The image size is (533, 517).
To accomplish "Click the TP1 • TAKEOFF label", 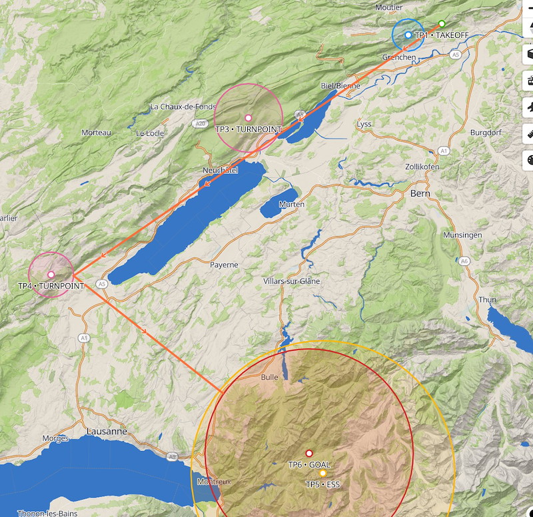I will [x=441, y=35].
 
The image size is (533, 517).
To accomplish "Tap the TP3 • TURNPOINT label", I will [x=249, y=129].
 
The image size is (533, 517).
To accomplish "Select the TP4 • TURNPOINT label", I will [x=51, y=286].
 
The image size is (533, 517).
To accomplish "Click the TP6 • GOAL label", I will [x=309, y=464].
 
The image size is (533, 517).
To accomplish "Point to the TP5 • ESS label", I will [x=322, y=484].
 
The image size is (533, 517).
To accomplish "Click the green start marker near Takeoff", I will [x=442, y=24].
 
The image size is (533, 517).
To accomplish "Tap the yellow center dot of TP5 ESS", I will [x=322, y=473].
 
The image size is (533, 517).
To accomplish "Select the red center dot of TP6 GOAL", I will [x=309, y=453].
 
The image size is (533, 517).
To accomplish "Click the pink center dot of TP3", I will [x=249, y=118].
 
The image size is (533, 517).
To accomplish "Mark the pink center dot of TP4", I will [x=51, y=274].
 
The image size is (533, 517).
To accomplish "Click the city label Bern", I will [x=420, y=194].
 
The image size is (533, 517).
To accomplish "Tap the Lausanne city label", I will [x=107, y=432].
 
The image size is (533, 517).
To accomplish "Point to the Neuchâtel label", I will [x=220, y=171].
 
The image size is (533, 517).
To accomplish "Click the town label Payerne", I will [x=224, y=264].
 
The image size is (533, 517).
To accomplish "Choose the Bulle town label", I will [x=269, y=377].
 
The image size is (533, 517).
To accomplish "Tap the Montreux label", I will [x=214, y=481].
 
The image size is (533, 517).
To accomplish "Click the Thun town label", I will [x=487, y=300].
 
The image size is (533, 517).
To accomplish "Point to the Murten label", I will [x=292, y=204].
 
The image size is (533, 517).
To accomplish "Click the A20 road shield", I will [x=201, y=123].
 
